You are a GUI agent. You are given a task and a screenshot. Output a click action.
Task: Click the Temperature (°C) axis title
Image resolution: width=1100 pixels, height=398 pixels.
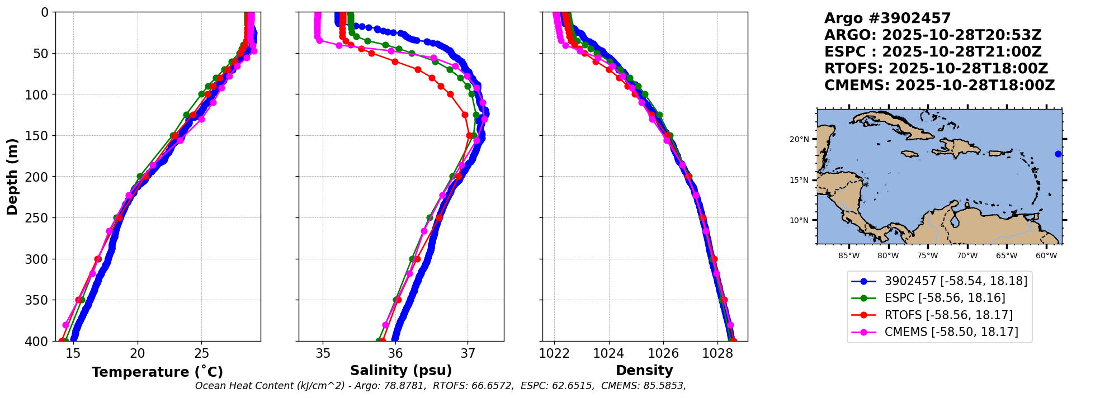(x=157, y=372)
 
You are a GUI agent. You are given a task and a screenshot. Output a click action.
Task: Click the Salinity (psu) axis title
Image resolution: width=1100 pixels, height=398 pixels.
(x=401, y=371)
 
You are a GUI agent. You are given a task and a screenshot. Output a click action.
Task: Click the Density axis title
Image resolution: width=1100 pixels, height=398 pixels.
(x=644, y=371)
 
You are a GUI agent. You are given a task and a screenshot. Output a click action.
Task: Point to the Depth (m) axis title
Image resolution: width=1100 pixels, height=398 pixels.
(x=12, y=176)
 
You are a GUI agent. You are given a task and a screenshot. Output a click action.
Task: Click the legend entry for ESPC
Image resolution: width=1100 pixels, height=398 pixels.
(x=945, y=298)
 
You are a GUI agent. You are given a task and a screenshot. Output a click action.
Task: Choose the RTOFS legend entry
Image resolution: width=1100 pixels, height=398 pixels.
(x=948, y=315)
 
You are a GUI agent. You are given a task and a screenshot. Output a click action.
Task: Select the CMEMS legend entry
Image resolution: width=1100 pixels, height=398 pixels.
(x=951, y=332)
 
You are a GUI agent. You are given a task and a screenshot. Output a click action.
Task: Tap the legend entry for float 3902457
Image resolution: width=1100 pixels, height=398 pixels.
(x=956, y=281)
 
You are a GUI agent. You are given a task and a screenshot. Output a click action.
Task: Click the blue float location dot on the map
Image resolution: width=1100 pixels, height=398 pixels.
(x=1058, y=154)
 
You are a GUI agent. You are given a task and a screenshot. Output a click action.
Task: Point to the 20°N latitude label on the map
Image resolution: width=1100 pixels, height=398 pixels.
(x=799, y=139)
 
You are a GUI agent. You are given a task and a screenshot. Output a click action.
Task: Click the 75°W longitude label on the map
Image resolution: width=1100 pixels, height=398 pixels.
(x=928, y=256)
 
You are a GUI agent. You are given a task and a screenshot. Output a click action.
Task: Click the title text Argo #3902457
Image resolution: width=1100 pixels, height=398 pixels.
(x=887, y=18)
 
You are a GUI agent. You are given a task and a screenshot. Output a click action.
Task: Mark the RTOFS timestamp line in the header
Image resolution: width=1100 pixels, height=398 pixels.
(x=936, y=69)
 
